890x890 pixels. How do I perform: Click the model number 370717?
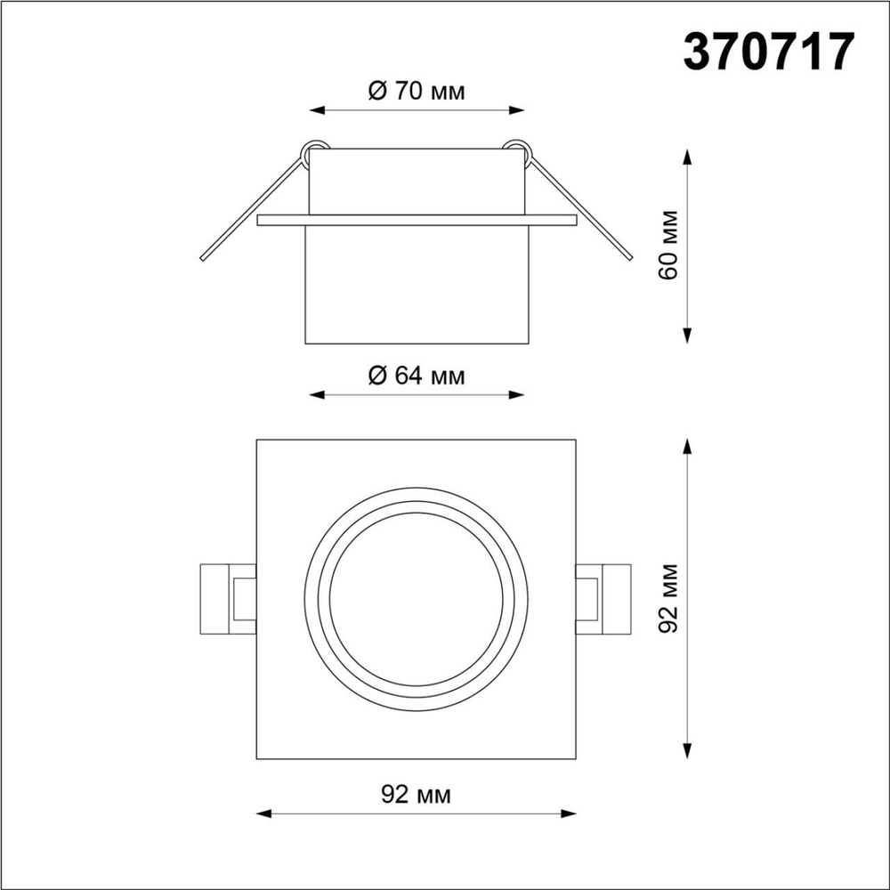click(x=769, y=52)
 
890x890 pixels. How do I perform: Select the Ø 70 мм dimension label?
click(x=417, y=91)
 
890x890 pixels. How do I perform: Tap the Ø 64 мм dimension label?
click(x=417, y=376)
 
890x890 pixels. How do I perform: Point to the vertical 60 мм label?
click(x=669, y=245)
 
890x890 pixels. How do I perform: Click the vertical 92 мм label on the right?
click(x=669, y=598)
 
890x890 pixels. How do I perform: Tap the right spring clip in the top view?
click(x=603, y=598)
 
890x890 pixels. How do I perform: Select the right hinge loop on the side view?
click(x=518, y=148)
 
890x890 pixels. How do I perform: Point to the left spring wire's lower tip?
click(x=206, y=259)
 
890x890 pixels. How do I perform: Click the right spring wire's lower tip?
click(x=628, y=259)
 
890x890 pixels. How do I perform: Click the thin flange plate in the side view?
click(x=417, y=220)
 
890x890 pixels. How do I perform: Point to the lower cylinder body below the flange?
click(x=417, y=285)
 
